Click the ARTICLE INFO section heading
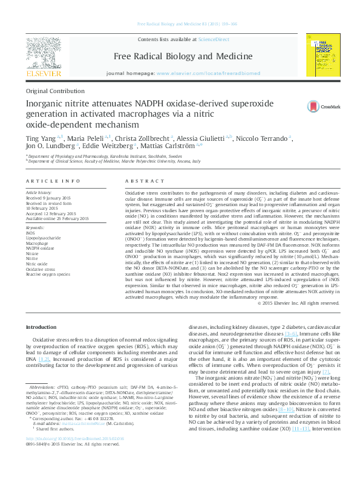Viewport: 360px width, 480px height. point(52,181)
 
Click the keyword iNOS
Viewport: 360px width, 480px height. point(31,233)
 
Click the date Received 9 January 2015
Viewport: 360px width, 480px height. point(50,196)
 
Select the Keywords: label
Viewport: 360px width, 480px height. point(36,227)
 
